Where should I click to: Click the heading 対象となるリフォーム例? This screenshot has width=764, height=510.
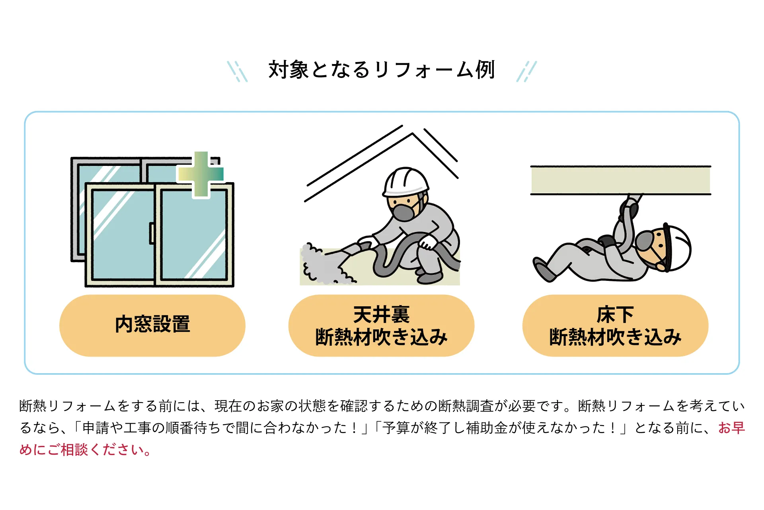click(x=381, y=70)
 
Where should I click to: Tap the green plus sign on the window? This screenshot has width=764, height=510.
click(x=201, y=175)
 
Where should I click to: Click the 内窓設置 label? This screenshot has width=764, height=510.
click(x=152, y=325)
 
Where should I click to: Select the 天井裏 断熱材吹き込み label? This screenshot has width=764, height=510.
click(x=381, y=326)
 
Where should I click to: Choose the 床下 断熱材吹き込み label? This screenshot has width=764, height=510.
click(x=615, y=326)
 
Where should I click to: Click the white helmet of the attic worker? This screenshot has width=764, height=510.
click(x=406, y=181)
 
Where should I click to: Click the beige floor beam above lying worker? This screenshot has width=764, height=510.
click(x=620, y=180)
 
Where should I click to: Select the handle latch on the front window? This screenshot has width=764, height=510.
click(x=152, y=233)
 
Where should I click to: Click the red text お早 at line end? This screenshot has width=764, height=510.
click(x=731, y=428)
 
